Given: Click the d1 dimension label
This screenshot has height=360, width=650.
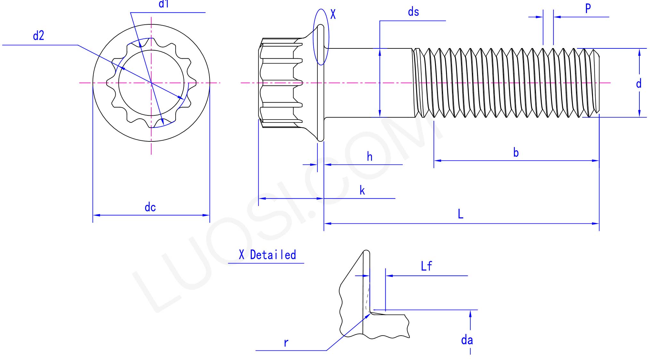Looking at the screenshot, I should click(x=163, y=4).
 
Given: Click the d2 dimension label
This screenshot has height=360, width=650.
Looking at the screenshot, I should click(x=38, y=36).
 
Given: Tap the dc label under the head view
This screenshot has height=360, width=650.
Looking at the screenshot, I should click(x=150, y=207).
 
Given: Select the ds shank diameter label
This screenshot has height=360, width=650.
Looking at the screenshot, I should click(x=413, y=12).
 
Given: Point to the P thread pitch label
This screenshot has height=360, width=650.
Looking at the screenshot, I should click(x=588, y=9).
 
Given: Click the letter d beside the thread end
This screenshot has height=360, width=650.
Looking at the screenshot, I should click(x=638, y=84).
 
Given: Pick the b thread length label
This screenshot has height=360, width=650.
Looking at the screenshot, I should click(x=516, y=153).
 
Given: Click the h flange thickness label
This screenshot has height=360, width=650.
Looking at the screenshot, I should click(x=369, y=157).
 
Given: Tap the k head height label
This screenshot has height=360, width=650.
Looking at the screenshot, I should click(x=362, y=190).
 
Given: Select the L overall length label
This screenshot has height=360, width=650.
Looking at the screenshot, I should click(x=460, y=214).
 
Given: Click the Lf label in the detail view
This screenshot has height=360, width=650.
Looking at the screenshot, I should click(x=426, y=266).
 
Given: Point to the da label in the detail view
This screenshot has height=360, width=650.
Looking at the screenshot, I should click(x=467, y=340).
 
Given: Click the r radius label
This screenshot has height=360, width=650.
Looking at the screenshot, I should click(x=286, y=343).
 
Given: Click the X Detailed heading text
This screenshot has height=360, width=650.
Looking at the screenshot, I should click(x=267, y=255).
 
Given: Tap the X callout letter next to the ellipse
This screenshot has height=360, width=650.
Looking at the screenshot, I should click(x=333, y=14).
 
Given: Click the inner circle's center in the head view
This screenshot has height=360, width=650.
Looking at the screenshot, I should click(x=151, y=83).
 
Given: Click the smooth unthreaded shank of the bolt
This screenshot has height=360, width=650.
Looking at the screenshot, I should click(x=368, y=83).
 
